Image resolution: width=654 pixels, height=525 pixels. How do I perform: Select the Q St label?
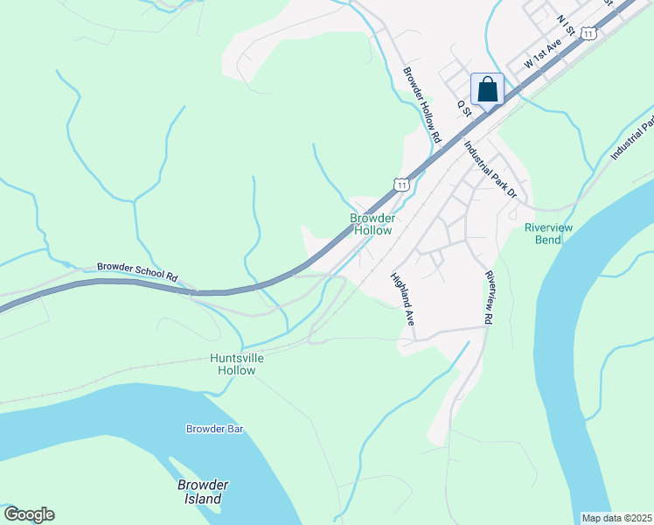tap(464, 108)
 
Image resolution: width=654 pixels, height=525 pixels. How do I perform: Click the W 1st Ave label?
tap(542, 54)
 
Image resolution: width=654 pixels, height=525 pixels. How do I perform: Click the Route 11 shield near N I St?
tap(590, 33)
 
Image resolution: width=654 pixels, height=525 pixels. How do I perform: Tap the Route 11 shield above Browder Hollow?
tap(400, 185)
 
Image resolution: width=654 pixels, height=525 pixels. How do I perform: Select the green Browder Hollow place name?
tap(372, 224)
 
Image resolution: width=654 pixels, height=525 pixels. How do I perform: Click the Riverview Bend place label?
tap(548, 234)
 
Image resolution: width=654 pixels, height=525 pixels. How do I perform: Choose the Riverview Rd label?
tap(489, 297)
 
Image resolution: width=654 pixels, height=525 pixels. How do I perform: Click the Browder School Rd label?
tap(137, 271)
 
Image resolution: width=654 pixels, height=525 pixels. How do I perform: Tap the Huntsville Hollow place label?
tap(237, 364)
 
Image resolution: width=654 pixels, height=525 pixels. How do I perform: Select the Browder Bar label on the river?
tap(214, 429)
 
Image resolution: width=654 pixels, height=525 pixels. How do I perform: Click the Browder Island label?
tap(203, 492)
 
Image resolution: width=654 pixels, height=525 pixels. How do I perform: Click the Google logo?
tap(28, 514)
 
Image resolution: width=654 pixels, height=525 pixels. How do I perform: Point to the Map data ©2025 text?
tap(616, 518)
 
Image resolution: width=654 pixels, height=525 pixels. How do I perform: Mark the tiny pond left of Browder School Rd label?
tap(66, 263)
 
